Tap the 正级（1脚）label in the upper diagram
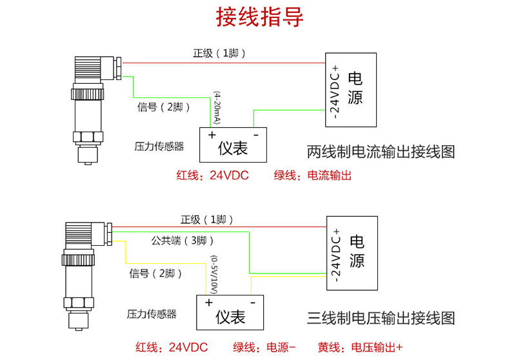[219, 53]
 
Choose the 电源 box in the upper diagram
[350, 90]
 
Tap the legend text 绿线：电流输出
[312, 175]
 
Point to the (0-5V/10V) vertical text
[213, 274]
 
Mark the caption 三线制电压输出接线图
[381, 318]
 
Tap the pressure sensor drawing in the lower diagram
[80, 271]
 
